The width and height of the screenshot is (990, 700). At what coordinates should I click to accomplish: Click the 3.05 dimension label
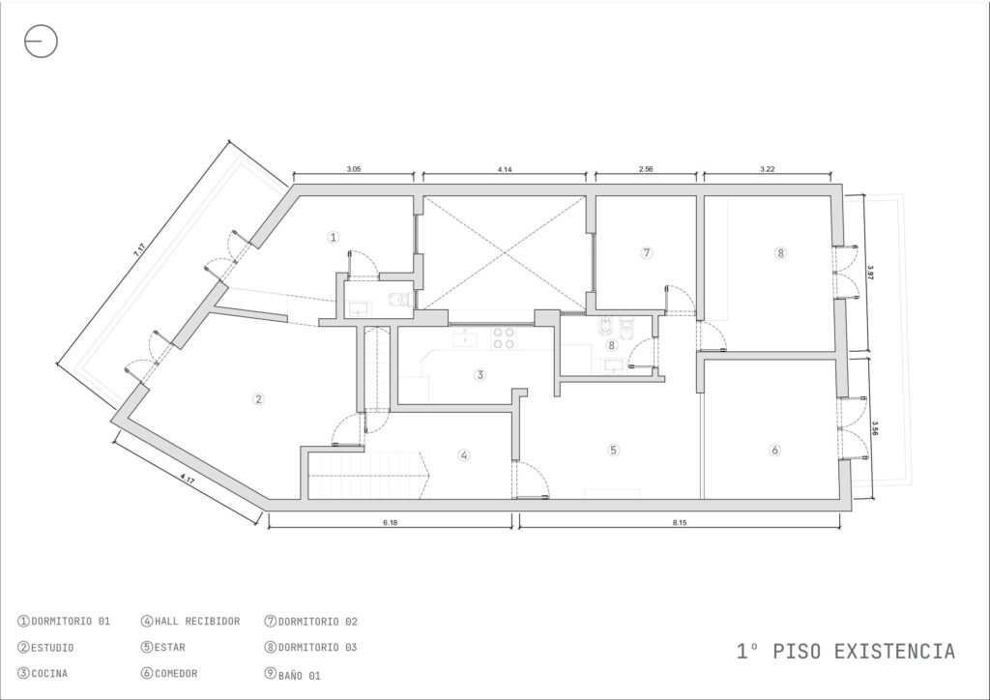click(x=354, y=169)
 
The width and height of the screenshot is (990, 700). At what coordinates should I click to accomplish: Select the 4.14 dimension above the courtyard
click(x=505, y=169)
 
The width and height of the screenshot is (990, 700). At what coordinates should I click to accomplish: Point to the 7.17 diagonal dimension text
click(x=139, y=250)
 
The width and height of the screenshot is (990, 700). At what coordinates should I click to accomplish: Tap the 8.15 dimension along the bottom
click(x=680, y=523)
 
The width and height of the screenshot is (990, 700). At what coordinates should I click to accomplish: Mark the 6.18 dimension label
click(x=391, y=523)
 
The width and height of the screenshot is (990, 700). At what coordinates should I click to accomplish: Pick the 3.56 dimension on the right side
click(x=875, y=428)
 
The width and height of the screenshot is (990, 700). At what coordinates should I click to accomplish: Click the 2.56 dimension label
click(x=646, y=169)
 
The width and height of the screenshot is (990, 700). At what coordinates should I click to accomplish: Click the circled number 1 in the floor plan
click(x=334, y=237)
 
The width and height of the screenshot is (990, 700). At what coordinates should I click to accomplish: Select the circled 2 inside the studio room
click(x=258, y=399)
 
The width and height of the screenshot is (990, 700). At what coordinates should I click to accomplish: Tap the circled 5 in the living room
click(x=613, y=450)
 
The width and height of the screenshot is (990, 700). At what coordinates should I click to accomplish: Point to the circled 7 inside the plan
click(x=646, y=252)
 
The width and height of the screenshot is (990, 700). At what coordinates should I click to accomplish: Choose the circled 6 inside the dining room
click(x=774, y=450)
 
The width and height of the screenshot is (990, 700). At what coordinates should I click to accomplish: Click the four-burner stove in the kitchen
click(x=503, y=337)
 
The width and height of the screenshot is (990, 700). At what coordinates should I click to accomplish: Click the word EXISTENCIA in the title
click(x=894, y=652)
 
